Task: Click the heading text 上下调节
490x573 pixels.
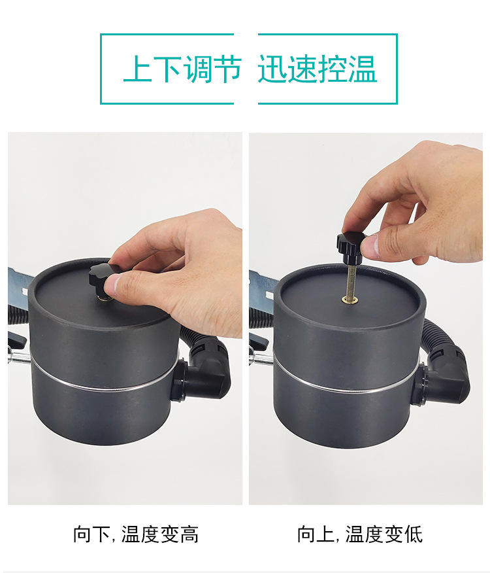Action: pyautogui.click(x=182, y=69)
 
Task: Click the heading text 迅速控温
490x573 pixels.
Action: pyautogui.click(x=317, y=69)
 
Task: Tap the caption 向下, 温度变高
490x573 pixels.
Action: pyautogui.click(x=136, y=534)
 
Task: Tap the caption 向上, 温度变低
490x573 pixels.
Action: pyautogui.click(x=360, y=534)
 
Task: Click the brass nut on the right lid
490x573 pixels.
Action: pyautogui.click(x=350, y=300)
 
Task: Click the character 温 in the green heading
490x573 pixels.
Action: pyautogui.click(x=362, y=69)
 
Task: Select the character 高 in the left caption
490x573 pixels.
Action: pyautogui.click(x=189, y=534)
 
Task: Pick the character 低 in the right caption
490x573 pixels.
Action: pyautogui.click(x=414, y=534)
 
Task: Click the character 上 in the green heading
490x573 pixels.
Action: pyautogui.click(x=138, y=69)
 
